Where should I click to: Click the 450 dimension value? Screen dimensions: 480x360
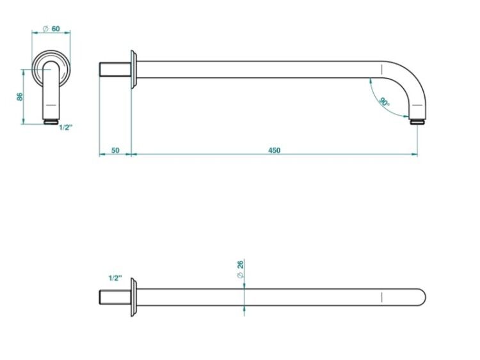coord(274,150)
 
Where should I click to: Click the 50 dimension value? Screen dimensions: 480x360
coord(115,150)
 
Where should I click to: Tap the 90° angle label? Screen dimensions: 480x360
coord(384,101)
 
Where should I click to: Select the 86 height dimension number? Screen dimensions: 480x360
coord(20,97)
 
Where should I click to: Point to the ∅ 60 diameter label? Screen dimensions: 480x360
coord(51,29)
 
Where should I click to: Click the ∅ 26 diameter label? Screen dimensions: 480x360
coord(241,269)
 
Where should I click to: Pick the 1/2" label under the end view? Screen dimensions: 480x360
coord(66,127)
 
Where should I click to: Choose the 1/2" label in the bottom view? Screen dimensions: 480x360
coord(115,278)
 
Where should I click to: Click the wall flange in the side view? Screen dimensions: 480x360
coord(134,70)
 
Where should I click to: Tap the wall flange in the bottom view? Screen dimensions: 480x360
coord(134,297)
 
